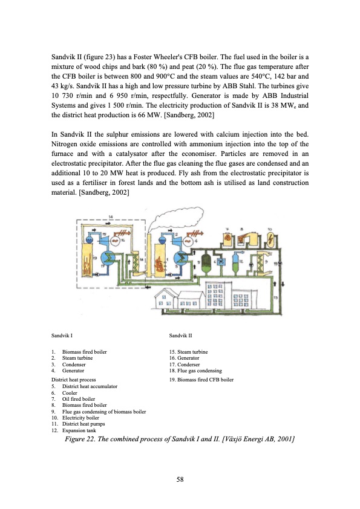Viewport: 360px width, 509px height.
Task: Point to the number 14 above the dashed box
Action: (x=110, y=216)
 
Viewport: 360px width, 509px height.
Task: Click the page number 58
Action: (x=180, y=479)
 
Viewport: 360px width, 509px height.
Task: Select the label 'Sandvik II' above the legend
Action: (x=181, y=335)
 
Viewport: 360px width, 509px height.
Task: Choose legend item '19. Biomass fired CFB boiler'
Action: (x=201, y=380)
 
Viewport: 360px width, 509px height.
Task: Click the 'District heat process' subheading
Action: (x=74, y=380)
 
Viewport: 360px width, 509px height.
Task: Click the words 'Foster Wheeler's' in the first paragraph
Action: (x=172, y=56)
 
